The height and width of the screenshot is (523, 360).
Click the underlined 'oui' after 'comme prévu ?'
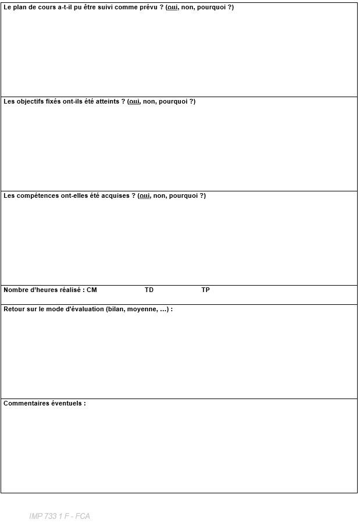pos(173,8)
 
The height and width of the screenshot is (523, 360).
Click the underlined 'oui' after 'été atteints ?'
pos(134,102)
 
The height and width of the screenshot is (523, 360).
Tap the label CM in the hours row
pos(92,290)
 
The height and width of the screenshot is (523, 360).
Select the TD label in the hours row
pos(149,290)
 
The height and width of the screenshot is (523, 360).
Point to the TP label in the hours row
pos(206,290)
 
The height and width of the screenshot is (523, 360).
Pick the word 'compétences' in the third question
pos(35,196)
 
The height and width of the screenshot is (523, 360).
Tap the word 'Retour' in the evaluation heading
pos(14,309)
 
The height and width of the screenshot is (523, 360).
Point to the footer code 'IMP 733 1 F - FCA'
pos(59,517)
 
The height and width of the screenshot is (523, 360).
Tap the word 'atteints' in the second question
pos(107,102)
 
